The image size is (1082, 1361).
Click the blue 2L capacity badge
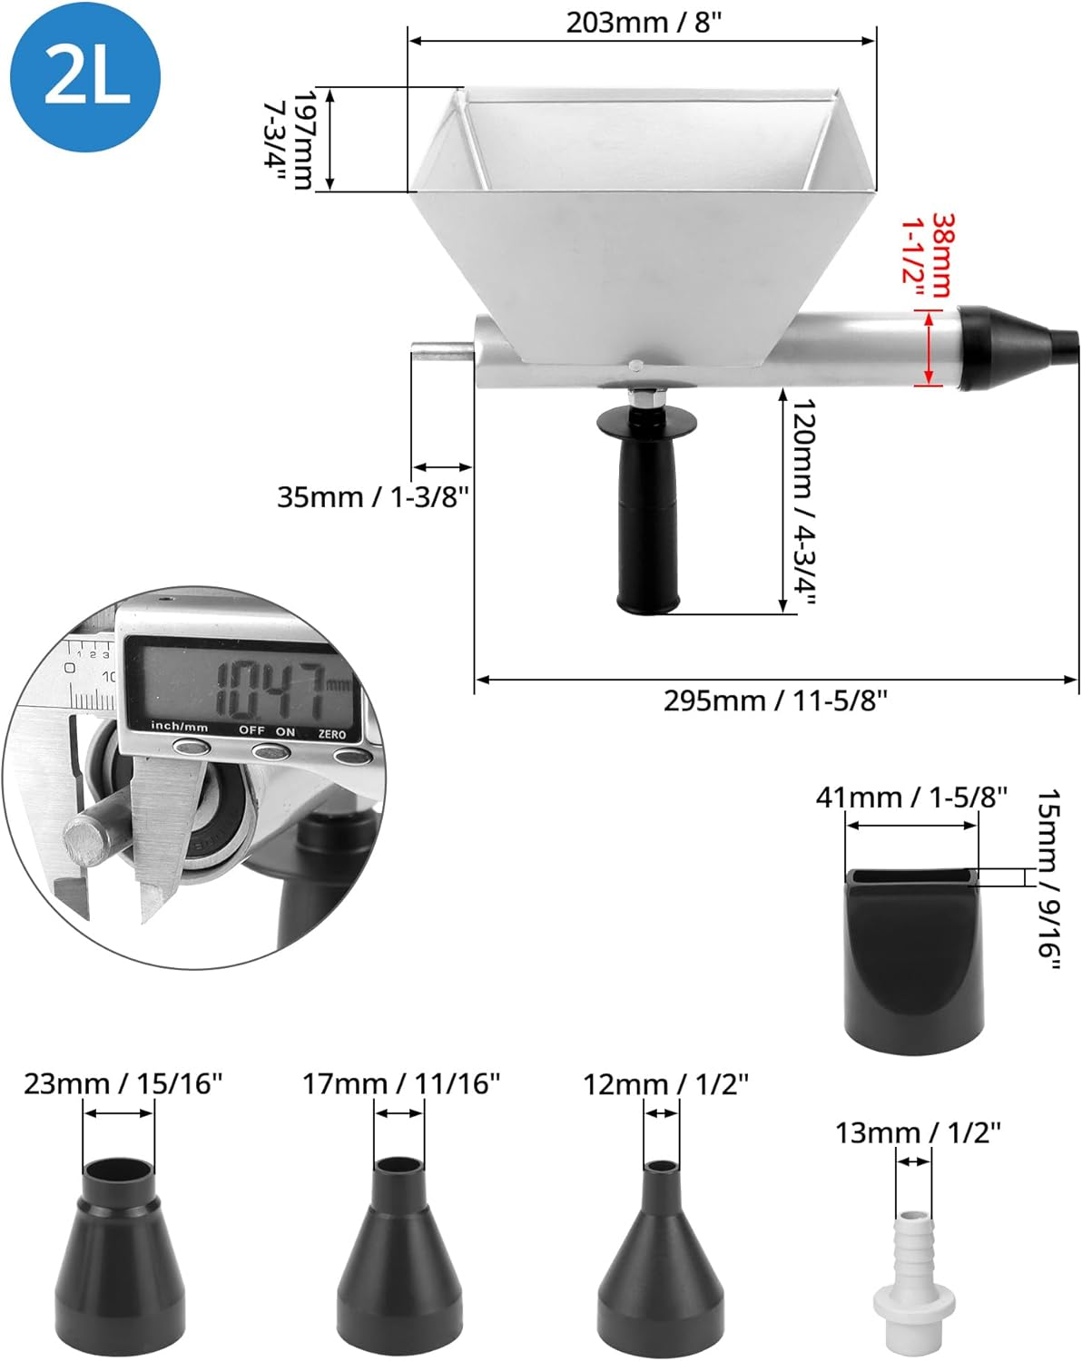click(84, 76)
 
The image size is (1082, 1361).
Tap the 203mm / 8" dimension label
click(643, 23)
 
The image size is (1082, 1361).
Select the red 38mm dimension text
click(940, 256)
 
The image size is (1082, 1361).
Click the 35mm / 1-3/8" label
click(373, 497)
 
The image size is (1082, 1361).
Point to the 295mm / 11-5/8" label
click(775, 700)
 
